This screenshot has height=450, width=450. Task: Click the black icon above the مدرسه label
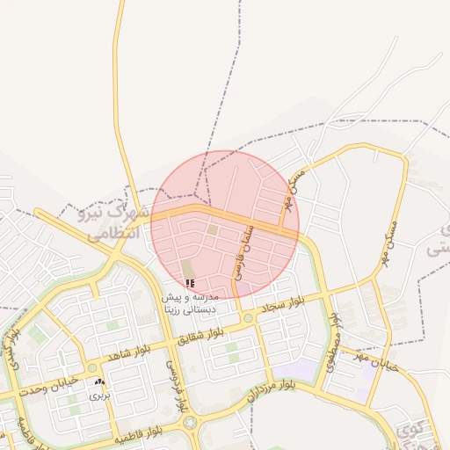[x=190, y=284]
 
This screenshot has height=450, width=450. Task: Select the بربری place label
[x=99, y=396]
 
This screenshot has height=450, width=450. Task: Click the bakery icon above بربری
[x=99, y=382]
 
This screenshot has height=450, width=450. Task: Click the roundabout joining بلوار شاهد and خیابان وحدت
[x=92, y=368]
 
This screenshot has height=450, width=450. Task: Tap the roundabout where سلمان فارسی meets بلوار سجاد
[x=249, y=317]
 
